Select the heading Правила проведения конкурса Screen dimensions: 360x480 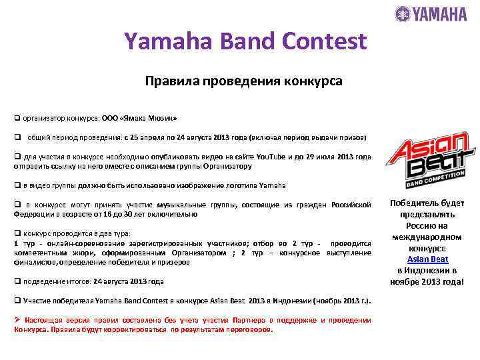(243, 81)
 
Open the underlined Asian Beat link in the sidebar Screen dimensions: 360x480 (427, 259)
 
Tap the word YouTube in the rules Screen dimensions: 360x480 (270, 157)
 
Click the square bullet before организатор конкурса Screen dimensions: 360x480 (17, 117)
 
